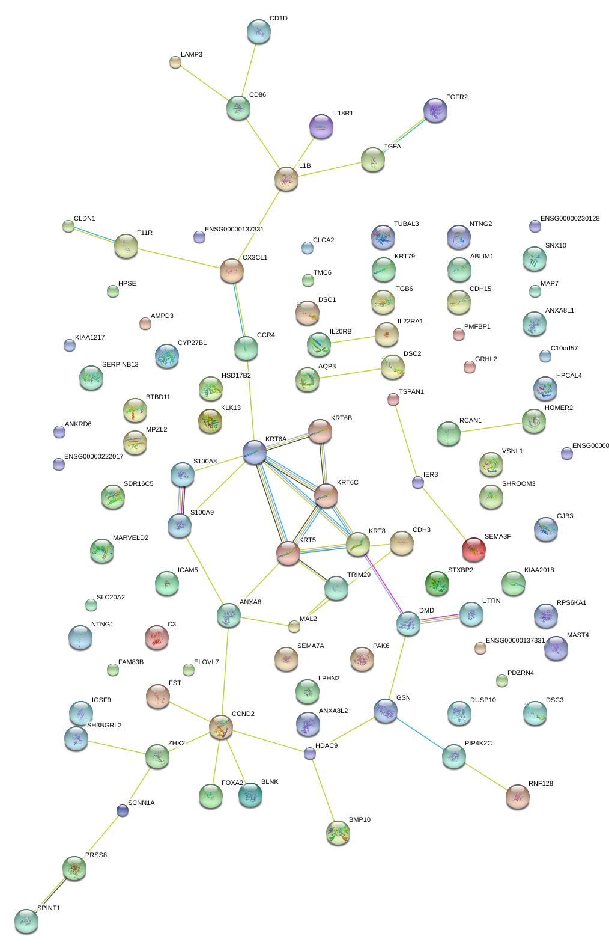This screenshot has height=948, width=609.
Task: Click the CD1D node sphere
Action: [259, 31]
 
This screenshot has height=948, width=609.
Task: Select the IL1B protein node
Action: [286, 178]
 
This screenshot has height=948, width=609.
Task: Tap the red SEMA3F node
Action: [474, 548]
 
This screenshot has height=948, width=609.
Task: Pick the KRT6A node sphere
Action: [255, 451]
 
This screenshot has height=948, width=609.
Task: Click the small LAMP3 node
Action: [175, 61]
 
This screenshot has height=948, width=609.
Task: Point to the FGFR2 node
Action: [435, 110]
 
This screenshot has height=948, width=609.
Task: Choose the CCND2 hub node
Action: [221, 727]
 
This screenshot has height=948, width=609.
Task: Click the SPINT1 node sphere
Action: [26, 920]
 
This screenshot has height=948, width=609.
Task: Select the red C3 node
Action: [157, 637]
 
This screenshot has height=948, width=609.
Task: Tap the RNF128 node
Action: [518, 796]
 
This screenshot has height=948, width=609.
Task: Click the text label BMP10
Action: [360, 819]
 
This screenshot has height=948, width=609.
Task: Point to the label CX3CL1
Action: [255, 257]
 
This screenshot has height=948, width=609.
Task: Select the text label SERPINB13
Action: [120, 364]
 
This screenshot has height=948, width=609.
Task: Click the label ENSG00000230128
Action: [570, 218]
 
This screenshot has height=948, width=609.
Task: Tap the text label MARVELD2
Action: [131, 537]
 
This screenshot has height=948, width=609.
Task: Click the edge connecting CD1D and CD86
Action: [249, 70]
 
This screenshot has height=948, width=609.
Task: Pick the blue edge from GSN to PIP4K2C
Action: [420, 733]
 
